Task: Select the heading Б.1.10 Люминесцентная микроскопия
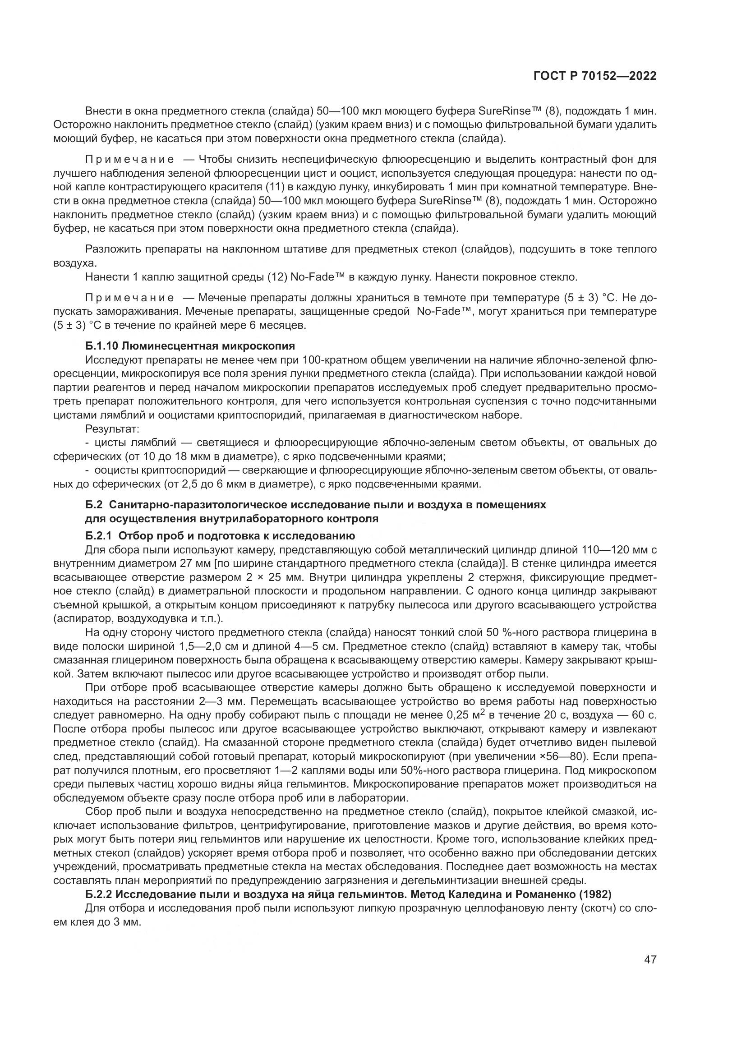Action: (190, 346)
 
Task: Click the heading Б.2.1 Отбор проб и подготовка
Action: (220, 535)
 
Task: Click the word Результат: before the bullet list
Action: (112, 429)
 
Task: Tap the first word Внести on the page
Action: (103, 111)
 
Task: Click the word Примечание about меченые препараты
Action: (129, 298)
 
